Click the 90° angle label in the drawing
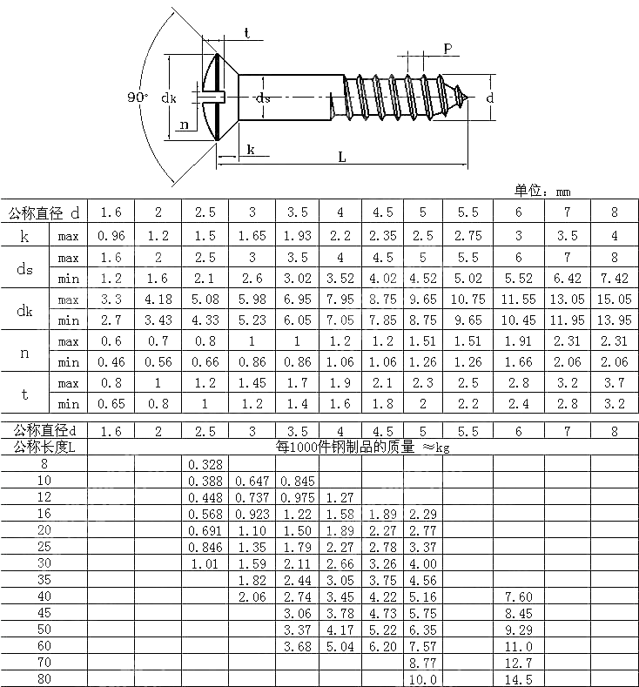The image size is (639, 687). (137, 98)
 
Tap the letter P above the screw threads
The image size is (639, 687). (447, 50)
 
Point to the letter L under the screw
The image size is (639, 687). (341, 158)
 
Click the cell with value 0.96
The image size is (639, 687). (111, 235)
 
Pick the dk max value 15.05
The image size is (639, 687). (614, 300)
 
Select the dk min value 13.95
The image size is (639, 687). (614, 320)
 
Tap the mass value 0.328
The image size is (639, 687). (205, 464)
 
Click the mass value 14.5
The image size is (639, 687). (518, 679)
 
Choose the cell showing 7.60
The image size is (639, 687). (518, 596)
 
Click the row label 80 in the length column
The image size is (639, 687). (44, 679)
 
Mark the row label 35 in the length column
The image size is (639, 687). (44, 579)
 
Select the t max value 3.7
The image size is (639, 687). (614, 383)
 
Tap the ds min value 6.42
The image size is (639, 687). (567, 279)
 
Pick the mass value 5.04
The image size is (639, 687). (340, 646)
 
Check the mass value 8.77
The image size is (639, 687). (421, 663)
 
